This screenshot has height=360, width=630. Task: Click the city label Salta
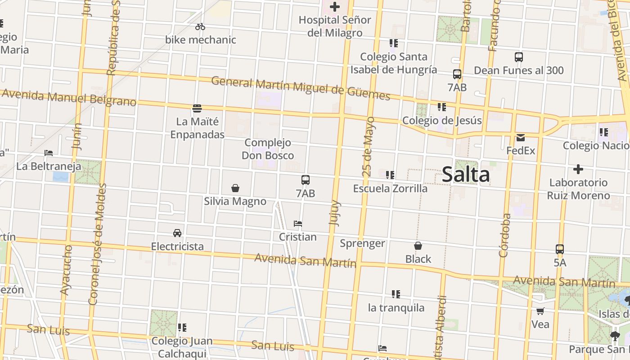[x=465, y=175]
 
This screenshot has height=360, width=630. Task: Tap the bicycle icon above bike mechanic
[x=200, y=27]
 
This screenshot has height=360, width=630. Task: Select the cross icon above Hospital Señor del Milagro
[x=335, y=7]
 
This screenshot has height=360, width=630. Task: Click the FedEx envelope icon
[x=521, y=137]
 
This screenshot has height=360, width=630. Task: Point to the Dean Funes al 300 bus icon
[x=519, y=57]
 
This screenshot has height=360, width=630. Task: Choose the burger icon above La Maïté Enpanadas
[x=197, y=108]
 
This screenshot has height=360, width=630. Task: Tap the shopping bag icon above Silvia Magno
[x=235, y=188]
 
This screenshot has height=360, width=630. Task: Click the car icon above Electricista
[x=177, y=233]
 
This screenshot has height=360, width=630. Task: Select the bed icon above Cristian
[x=297, y=224]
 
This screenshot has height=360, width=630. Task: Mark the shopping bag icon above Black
[x=418, y=246]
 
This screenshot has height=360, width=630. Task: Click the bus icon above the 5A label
[x=560, y=249]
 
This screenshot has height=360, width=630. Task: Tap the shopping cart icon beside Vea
[x=540, y=311]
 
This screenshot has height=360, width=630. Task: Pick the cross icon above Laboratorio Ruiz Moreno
[x=578, y=169]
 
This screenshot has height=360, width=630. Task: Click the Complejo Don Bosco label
[x=268, y=149]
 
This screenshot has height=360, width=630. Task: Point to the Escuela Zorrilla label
[x=390, y=188]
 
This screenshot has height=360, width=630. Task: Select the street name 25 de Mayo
[x=368, y=147]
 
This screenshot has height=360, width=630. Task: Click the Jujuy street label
[x=335, y=213]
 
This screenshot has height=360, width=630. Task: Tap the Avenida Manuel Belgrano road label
[x=69, y=97]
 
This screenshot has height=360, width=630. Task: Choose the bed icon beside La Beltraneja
[x=49, y=153]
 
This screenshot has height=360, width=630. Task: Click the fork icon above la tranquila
[x=396, y=294]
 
